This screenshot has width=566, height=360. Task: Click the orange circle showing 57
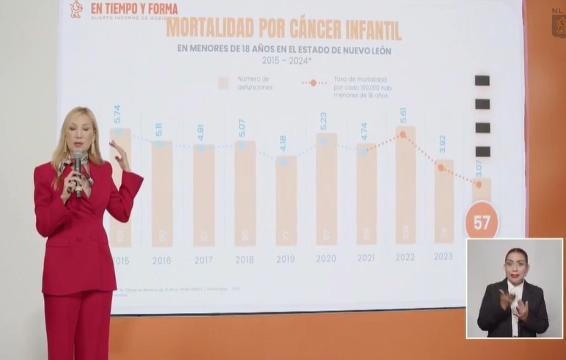tap(482, 223)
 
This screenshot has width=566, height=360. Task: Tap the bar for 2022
tap(405, 186)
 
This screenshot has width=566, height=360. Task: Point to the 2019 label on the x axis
tap(285, 259)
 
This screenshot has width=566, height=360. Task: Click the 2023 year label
tap(443, 256)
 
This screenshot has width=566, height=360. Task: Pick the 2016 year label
tap(162, 260)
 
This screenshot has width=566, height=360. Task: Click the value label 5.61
tap(403, 115)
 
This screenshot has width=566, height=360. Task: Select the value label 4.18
tap(282, 144)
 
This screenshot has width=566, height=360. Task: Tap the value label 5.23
tap(323, 121)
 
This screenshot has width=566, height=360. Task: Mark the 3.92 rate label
tap(441, 144)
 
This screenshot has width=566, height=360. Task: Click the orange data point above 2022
tap(403, 135)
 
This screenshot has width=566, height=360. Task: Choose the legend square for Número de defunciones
tap(224, 83)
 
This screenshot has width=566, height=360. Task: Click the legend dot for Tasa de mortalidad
tap(313, 83)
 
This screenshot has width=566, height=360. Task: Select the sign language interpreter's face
tap(516, 264)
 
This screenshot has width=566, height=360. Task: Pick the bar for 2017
tap(204, 194)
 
